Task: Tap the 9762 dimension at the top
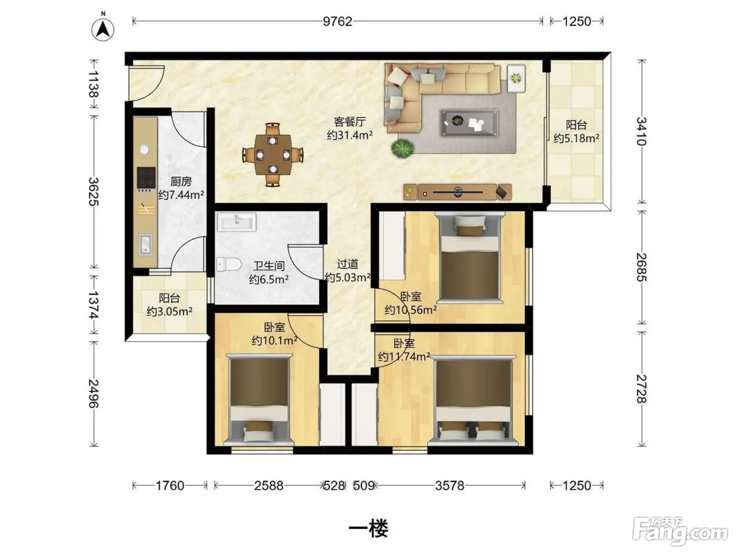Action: (x=337, y=22)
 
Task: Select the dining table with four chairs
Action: (x=273, y=155)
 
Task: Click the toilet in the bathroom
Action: (x=228, y=264)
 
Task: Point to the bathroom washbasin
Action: (x=237, y=222)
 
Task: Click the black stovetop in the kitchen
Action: (x=146, y=177)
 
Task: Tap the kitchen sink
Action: (x=146, y=244)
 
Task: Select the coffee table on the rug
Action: (x=470, y=123)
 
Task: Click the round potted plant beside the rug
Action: (x=402, y=149)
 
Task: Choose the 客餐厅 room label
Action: (x=350, y=122)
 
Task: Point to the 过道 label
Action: (x=347, y=264)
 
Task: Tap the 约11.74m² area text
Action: (x=404, y=356)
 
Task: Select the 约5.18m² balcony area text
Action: (x=576, y=138)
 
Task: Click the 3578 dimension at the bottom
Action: (x=450, y=486)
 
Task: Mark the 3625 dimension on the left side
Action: (x=94, y=191)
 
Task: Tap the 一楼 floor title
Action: (x=368, y=528)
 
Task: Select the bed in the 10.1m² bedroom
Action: (x=259, y=399)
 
